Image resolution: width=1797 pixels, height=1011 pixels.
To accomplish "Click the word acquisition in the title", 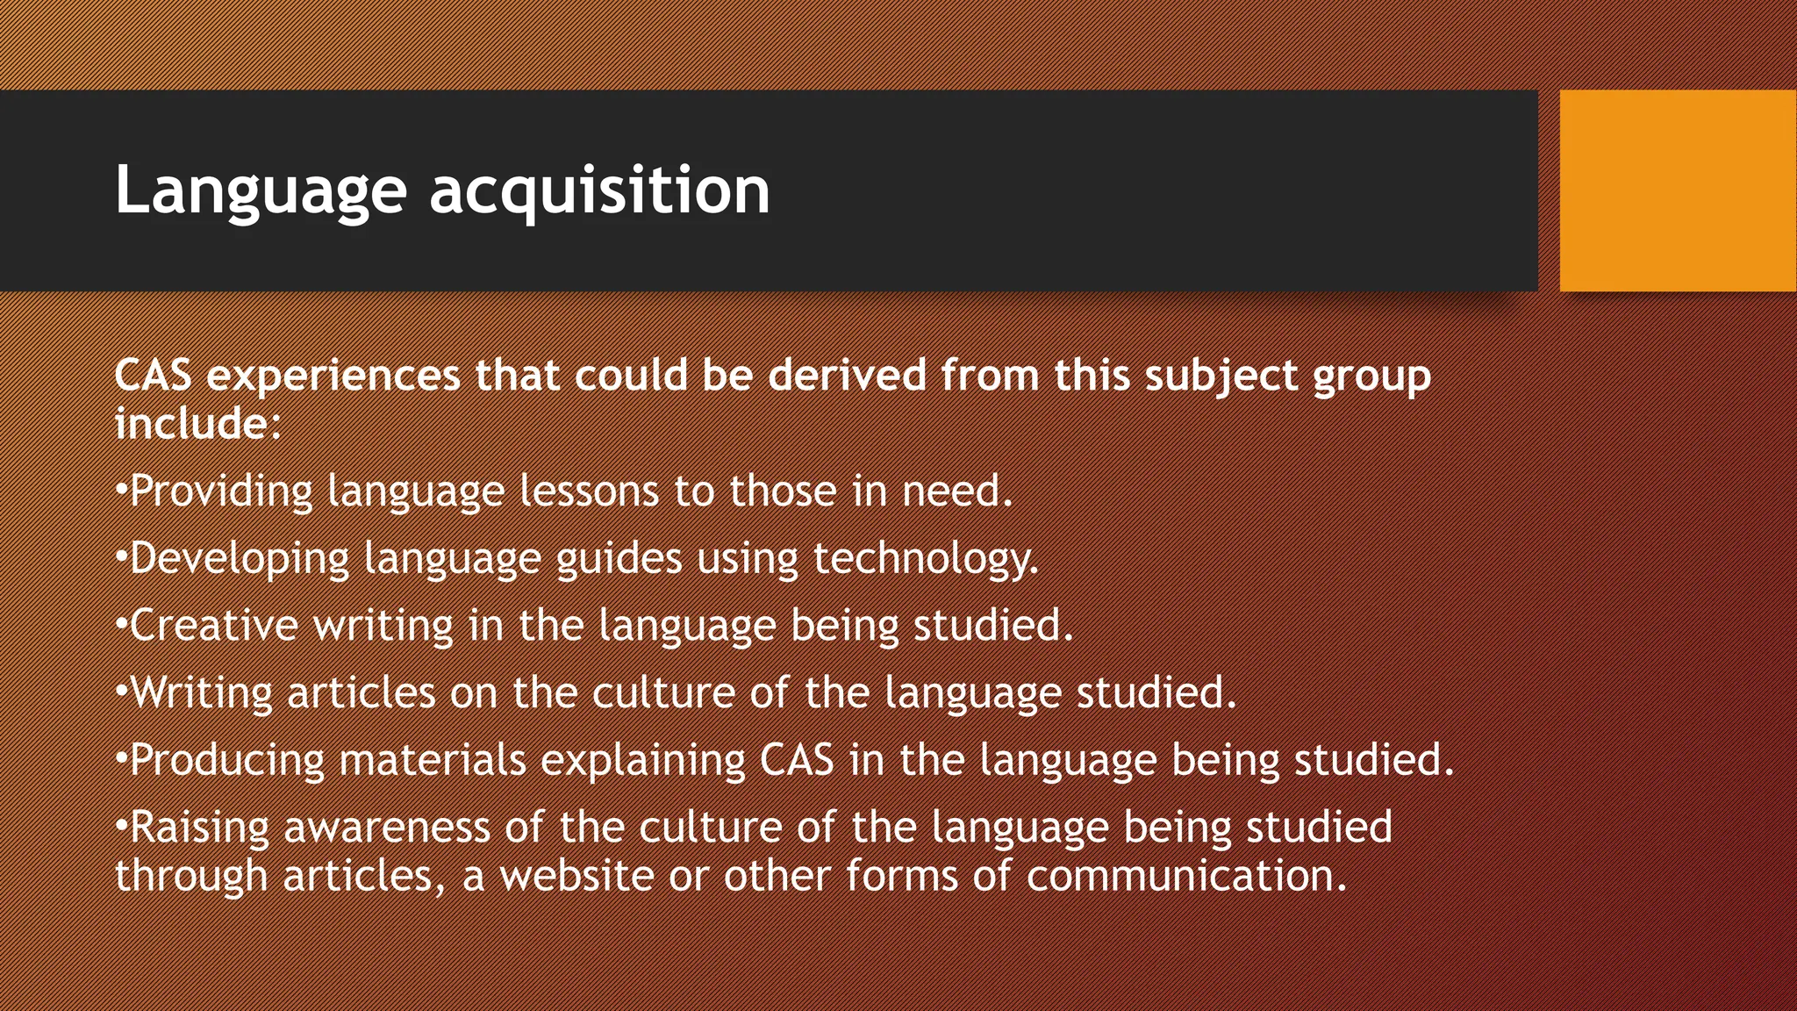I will [x=599, y=190].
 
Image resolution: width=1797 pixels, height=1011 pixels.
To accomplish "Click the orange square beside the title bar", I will [x=1678, y=190].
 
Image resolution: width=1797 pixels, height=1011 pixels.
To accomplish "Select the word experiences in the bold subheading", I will [x=333, y=376].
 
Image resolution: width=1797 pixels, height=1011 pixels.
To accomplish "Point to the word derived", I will [x=847, y=376].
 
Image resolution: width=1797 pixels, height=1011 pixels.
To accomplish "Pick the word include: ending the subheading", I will [x=197, y=424].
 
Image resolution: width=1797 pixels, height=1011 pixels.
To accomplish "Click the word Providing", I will [x=221, y=491].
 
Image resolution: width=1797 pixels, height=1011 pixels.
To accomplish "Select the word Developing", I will [x=240, y=558].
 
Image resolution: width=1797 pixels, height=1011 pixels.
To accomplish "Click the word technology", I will [x=926, y=558].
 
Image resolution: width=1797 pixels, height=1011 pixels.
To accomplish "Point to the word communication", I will [x=1185, y=876].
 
